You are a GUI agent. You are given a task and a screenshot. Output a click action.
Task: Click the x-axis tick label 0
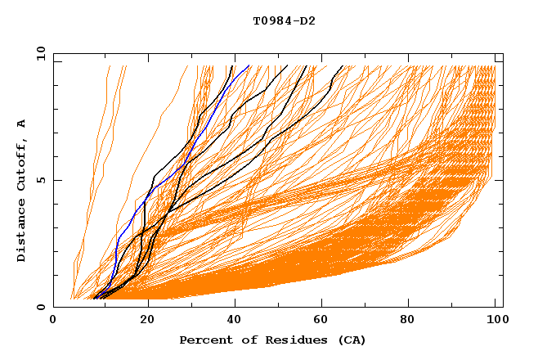pyautogui.click(x=53, y=322)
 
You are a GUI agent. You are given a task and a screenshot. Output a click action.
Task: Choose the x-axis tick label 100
pyautogui.click(x=495, y=322)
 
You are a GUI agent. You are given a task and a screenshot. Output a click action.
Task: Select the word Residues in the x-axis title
pyautogui.click(x=291, y=340)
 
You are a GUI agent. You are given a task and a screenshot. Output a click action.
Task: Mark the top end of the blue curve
pyautogui.click(x=249, y=65)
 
